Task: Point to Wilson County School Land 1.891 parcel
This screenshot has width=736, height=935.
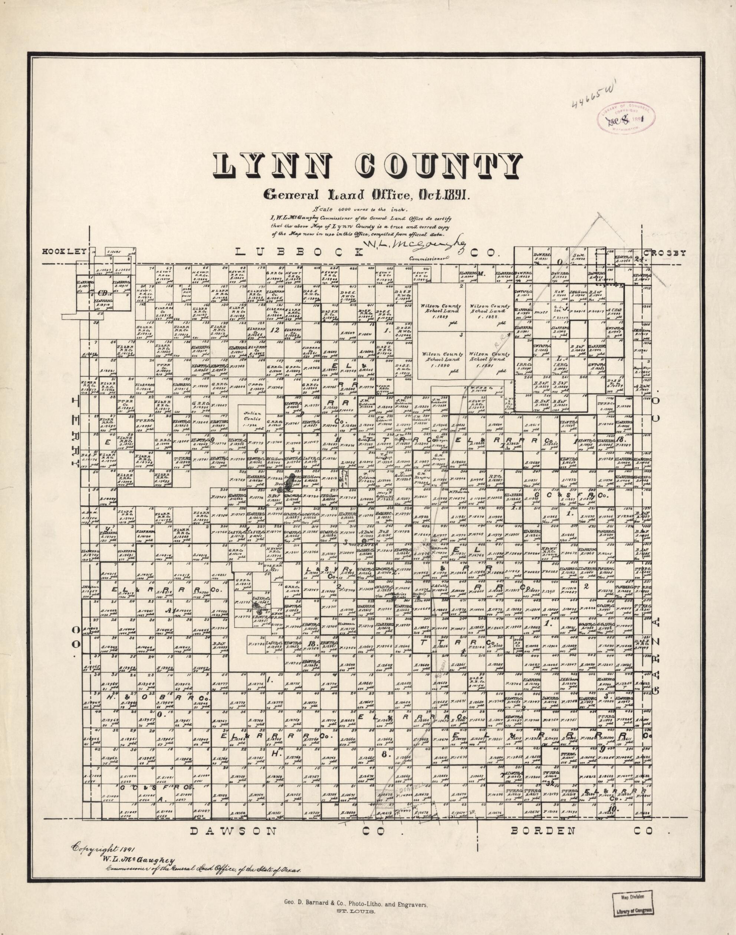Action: point(489,360)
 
